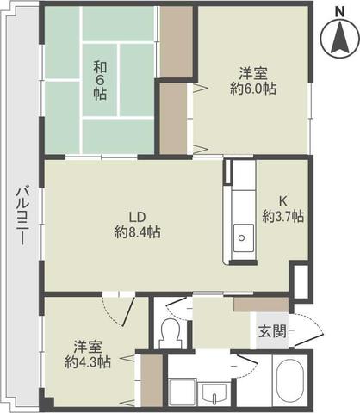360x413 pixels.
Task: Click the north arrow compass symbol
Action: click(x=340, y=40)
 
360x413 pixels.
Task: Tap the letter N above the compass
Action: click(x=340, y=12)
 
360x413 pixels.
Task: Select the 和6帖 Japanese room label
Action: click(x=100, y=81)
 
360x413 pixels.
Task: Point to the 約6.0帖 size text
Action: click(x=253, y=89)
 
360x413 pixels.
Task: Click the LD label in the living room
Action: click(x=138, y=217)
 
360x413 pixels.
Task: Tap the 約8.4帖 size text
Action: click(x=138, y=231)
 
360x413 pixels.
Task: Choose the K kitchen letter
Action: click(x=283, y=201)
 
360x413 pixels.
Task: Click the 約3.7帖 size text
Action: click(x=283, y=217)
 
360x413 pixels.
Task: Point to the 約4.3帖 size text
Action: click(x=88, y=362)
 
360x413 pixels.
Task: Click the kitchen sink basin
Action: click(x=243, y=238)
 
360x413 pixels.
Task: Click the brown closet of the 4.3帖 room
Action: click(x=152, y=380)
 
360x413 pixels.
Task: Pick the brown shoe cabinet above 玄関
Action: click(x=261, y=305)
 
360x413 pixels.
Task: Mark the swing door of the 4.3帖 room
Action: click(x=128, y=312)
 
